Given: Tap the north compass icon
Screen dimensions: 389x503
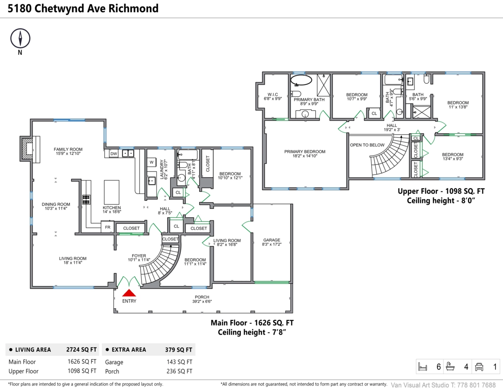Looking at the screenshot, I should click(x=20, y=39).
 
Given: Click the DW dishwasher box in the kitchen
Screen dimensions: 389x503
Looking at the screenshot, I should click(x=113, y=154).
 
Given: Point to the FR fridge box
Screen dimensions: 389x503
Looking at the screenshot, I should click(x=107, y=227).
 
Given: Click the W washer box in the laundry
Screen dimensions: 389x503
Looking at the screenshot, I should click(x=151, y=162).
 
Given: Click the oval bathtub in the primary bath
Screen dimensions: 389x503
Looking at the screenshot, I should click(x=301, y=81).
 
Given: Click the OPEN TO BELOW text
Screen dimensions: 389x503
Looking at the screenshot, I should click(x=367, y=145).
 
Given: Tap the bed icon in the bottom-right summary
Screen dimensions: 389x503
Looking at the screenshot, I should click(x=423, y=367).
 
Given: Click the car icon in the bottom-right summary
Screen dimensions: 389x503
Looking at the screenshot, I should click(x=479, y=367).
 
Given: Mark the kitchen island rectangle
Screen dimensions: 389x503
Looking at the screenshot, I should click(x=111, y=192).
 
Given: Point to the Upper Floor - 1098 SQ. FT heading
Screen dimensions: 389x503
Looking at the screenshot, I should click(x=441, y=191).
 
